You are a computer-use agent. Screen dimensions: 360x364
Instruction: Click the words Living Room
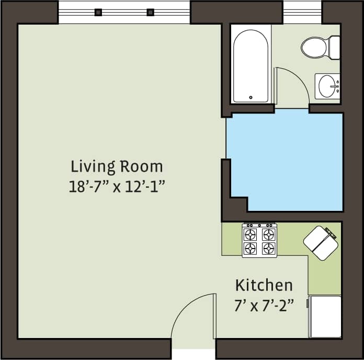tap(117, 166)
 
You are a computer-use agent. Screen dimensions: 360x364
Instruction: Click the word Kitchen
tap(264, 285)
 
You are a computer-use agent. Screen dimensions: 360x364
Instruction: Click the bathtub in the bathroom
tap(251, 65)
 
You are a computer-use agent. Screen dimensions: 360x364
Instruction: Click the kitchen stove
tap(259, 240)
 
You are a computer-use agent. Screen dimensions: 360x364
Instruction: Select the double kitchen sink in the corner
tap(320, 243)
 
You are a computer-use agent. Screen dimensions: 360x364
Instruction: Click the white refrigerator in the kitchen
tap(325, 317)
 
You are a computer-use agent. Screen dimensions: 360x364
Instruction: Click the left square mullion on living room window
tap(98, 13)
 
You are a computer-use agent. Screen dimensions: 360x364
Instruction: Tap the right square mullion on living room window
tap(150, 13)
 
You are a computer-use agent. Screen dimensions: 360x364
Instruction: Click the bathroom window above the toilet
tap(302, 12)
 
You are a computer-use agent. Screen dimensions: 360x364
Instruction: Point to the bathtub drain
tap(251, 97)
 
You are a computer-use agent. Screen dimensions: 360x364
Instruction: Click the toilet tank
tap(334, 48)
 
